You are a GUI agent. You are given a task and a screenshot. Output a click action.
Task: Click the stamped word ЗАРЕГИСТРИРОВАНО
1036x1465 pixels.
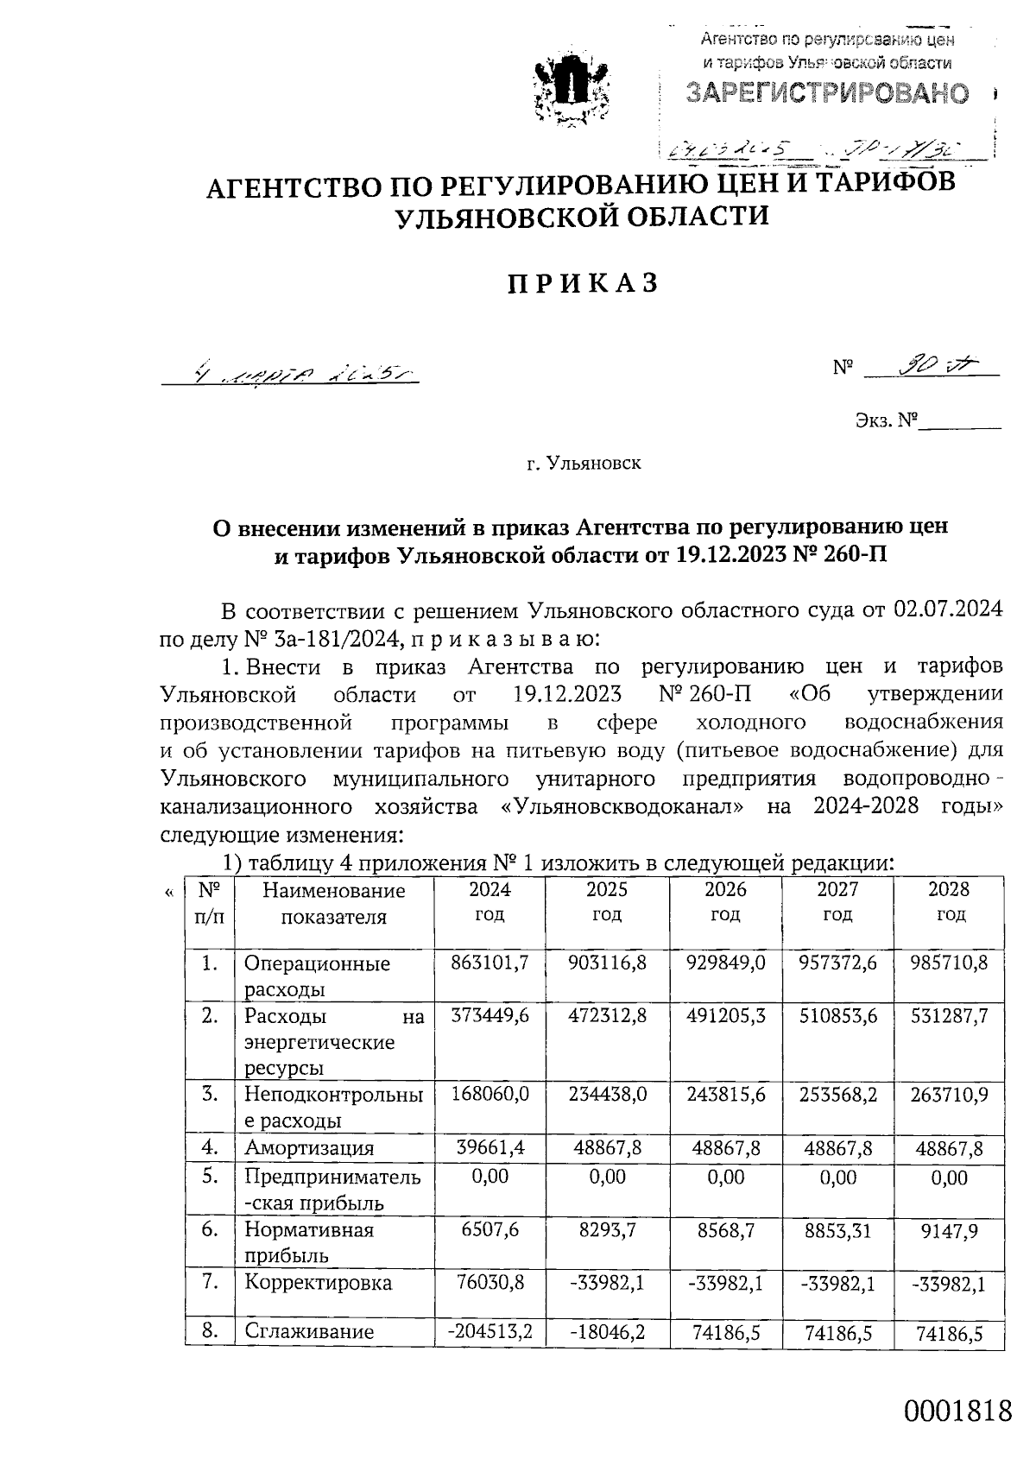click(x=827, y=93)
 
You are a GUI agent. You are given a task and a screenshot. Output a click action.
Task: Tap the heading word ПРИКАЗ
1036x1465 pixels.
click(x=584, y=283)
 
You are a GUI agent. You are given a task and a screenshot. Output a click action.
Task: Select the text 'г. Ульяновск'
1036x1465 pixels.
click(x=584, y=464)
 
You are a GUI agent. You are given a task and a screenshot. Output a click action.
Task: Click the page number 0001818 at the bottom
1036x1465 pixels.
click(x=957, y=1411)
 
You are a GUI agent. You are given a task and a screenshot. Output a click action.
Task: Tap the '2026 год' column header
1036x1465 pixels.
click(x=724, y=902)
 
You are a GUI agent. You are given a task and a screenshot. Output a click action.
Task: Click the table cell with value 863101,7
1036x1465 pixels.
click(x=490, y=963)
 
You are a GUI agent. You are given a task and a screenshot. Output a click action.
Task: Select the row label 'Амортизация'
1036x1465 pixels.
click(x=309, y=1147)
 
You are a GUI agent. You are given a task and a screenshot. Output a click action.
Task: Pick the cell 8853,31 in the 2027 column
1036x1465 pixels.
click(x=837, y=1229)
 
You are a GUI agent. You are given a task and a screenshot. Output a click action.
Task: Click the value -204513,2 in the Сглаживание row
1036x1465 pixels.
click(x=490, y=1331)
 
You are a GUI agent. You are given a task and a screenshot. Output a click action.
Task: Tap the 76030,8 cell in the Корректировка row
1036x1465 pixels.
click(x=490, y=1283)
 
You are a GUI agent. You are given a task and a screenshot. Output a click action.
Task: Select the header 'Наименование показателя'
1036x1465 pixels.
click(x=334, y=903)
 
